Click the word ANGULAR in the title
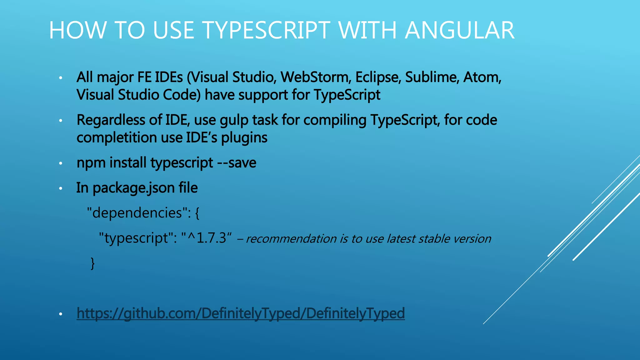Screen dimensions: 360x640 coord(460,30)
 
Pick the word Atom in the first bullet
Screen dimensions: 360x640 coord(482,77)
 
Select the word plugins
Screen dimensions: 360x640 coord(244,138)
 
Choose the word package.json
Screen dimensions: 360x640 coord(133,188)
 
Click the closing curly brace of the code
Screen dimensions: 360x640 coord(92,263)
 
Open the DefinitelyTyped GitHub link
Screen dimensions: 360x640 coord(241,313)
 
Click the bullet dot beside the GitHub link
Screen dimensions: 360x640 coord(61,314)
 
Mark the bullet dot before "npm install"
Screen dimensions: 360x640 coord(61,163)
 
